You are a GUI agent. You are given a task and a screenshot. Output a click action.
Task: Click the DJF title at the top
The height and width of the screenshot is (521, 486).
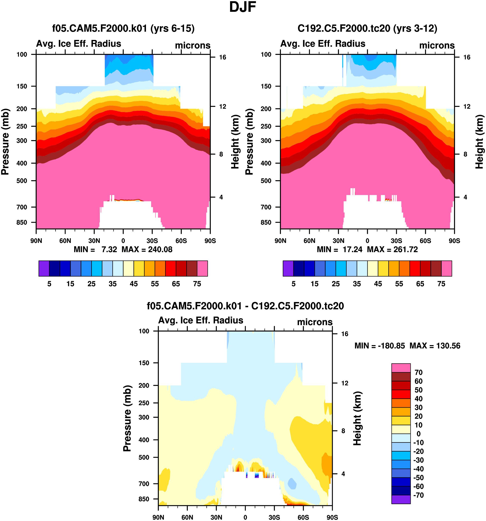tap(243, 7)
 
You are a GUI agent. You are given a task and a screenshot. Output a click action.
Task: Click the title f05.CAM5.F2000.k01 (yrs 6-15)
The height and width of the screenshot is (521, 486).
tap(123, 28)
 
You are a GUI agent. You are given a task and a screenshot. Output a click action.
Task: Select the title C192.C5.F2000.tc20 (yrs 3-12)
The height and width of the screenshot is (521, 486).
tap(367, 28)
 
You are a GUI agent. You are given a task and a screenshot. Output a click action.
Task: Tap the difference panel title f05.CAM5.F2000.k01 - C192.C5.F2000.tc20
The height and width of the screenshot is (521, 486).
tap(245, 306)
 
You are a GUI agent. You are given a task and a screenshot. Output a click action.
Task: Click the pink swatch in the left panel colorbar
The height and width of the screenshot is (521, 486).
tap(202, 268)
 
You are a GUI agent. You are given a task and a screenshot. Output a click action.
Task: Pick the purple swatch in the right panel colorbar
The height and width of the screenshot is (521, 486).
tap(288, 268)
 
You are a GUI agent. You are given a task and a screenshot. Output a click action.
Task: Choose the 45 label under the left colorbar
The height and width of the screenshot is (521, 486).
tap(134, 284)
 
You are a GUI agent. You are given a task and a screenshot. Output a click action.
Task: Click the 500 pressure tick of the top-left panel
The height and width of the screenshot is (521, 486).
tap(22, 181)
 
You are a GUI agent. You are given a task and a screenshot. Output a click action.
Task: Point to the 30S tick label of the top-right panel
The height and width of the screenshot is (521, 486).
tap(396, 241)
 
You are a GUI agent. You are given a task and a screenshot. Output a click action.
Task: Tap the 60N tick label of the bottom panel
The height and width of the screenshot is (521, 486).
tap(187, 517)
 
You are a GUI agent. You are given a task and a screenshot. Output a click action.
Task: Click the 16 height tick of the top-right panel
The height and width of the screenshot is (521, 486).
tap(467, 57)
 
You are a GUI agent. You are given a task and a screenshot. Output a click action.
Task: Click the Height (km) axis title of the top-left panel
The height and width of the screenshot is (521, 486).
tap(235, 142)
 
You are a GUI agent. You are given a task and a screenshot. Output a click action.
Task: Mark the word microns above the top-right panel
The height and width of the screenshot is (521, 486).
tap(437, 45)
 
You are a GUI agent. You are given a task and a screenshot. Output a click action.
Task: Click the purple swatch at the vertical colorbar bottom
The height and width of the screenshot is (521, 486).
tap(401, 499)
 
